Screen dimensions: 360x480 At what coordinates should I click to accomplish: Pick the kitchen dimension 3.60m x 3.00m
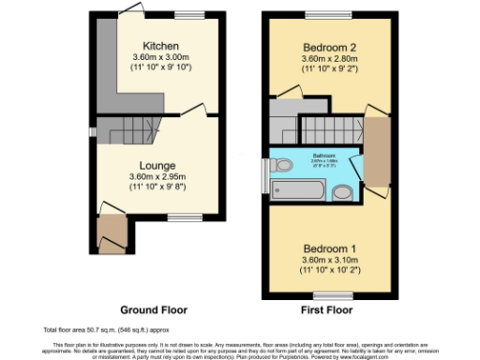(160, 57)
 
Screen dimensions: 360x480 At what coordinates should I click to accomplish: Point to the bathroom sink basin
(343, 192)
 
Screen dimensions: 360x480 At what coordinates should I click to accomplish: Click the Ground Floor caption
(154, 309)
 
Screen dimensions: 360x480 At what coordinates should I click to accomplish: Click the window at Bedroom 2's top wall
(318, 17)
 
